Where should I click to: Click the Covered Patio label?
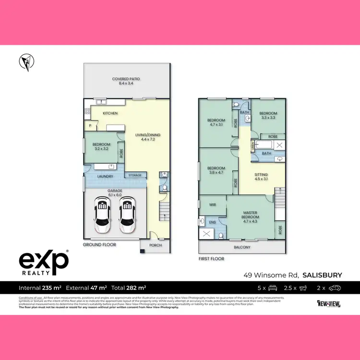(126, 79)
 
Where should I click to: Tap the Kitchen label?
(110, 113)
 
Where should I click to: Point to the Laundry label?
(105, 176)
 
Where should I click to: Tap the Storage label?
(135, 175)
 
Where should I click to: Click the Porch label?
(156, 245)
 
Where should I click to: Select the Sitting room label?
(261, 174)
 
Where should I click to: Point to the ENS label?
(212, 222)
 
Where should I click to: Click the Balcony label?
(242, 247)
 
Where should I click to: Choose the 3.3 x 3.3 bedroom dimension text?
(269, 117)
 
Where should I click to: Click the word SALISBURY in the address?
(322, 275)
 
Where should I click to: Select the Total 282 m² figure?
(128, 288)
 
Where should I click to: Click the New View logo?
(329, 303)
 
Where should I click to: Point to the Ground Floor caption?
(99, 244)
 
